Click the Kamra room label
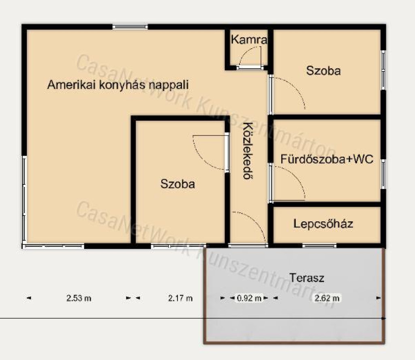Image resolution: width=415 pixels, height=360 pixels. (x=249, y=40)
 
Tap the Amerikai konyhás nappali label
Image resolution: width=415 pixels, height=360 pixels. (x=118, y=85)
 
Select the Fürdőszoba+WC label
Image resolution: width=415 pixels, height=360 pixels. (x=327, y=159)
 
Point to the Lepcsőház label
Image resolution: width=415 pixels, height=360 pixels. (x=323, y=224)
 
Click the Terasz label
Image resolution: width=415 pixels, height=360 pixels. (x=307, y=278)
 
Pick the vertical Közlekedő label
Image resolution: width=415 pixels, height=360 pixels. (x=248, y=151)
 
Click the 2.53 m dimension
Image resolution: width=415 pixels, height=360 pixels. (x=79, y=298)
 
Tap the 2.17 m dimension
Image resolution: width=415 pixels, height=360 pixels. (x=180, y=298)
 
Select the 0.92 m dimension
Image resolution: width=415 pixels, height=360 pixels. (x=249, y=298)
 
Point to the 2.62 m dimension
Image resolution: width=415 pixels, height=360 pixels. (x=327, y=298)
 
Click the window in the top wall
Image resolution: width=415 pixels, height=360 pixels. (x=130, y=27)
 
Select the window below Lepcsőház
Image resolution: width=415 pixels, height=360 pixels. (x=319, y=246)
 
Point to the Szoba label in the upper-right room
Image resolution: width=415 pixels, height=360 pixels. (x=323, y=71)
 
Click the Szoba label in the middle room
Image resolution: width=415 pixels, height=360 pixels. (x=178, y=184)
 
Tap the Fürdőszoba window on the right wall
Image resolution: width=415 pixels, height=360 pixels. (x=383, y=174)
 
